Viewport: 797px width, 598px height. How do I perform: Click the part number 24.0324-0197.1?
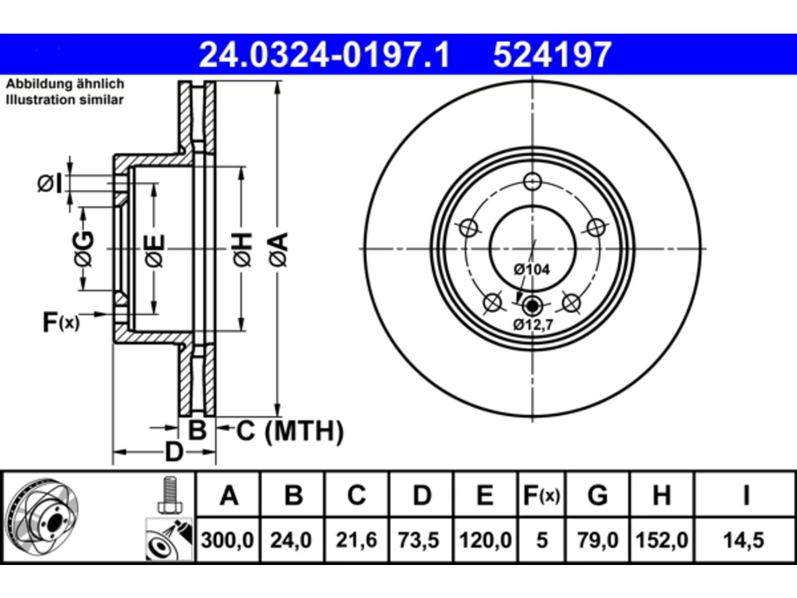(324, 55)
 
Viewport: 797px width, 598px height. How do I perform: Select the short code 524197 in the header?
(552, 55)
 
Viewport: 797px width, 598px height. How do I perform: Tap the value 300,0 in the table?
(227, 540)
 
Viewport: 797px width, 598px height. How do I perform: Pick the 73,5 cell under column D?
(418, 540)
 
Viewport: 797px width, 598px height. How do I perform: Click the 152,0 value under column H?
(661, 540)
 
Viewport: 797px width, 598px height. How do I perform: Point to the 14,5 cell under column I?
(743, 540)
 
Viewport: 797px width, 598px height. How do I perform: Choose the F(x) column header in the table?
(541, 496)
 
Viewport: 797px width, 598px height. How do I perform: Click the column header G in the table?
(598, 496)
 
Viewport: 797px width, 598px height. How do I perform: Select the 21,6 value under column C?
(356, 540)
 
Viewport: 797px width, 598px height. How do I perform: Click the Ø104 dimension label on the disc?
(532, 269)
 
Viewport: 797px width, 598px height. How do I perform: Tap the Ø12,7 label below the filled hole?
(533, 325)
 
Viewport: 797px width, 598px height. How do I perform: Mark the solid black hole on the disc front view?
(532, 306)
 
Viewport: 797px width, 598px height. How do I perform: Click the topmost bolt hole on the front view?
(532, 181)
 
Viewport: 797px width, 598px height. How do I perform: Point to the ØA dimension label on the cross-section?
(279, 250)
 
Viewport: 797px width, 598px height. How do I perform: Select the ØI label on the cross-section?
(50, 183)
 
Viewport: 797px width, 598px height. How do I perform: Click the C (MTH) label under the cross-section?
(290, 431)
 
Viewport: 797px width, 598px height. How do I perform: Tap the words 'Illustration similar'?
(65, 100)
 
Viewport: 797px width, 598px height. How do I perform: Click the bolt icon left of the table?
(169, 495)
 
